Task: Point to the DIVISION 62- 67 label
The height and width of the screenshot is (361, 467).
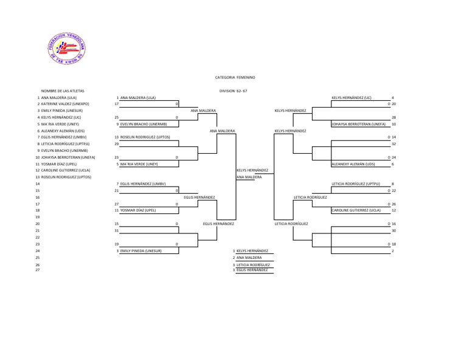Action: pos(233,91)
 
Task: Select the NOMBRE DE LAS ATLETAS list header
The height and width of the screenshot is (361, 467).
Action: pos(63,91)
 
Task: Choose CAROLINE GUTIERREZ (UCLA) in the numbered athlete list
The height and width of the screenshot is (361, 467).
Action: pos(62,170)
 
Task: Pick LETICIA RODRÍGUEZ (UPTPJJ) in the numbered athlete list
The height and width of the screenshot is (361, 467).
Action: pos(65,144)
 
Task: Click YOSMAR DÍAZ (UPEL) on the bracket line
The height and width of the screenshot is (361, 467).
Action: pos(138,210)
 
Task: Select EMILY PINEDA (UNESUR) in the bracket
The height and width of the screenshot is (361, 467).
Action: pos(140,250)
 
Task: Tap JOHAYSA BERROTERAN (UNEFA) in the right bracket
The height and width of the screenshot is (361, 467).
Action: pos(359,124)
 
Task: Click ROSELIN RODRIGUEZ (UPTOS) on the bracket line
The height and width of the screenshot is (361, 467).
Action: pos(142,137)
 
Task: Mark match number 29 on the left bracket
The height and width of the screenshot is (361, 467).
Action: pos(116,144)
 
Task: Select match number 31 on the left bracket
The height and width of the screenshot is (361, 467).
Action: pos(116,231)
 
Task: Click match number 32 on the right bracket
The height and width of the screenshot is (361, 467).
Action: pos(393,144)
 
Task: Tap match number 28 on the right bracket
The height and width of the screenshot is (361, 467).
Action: pos(393,117)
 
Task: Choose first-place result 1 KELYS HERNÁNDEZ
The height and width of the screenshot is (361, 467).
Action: pos(252,250)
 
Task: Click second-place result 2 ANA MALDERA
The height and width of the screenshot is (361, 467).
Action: pos(249,258)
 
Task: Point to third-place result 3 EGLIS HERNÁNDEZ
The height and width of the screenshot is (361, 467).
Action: pos(252,270)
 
